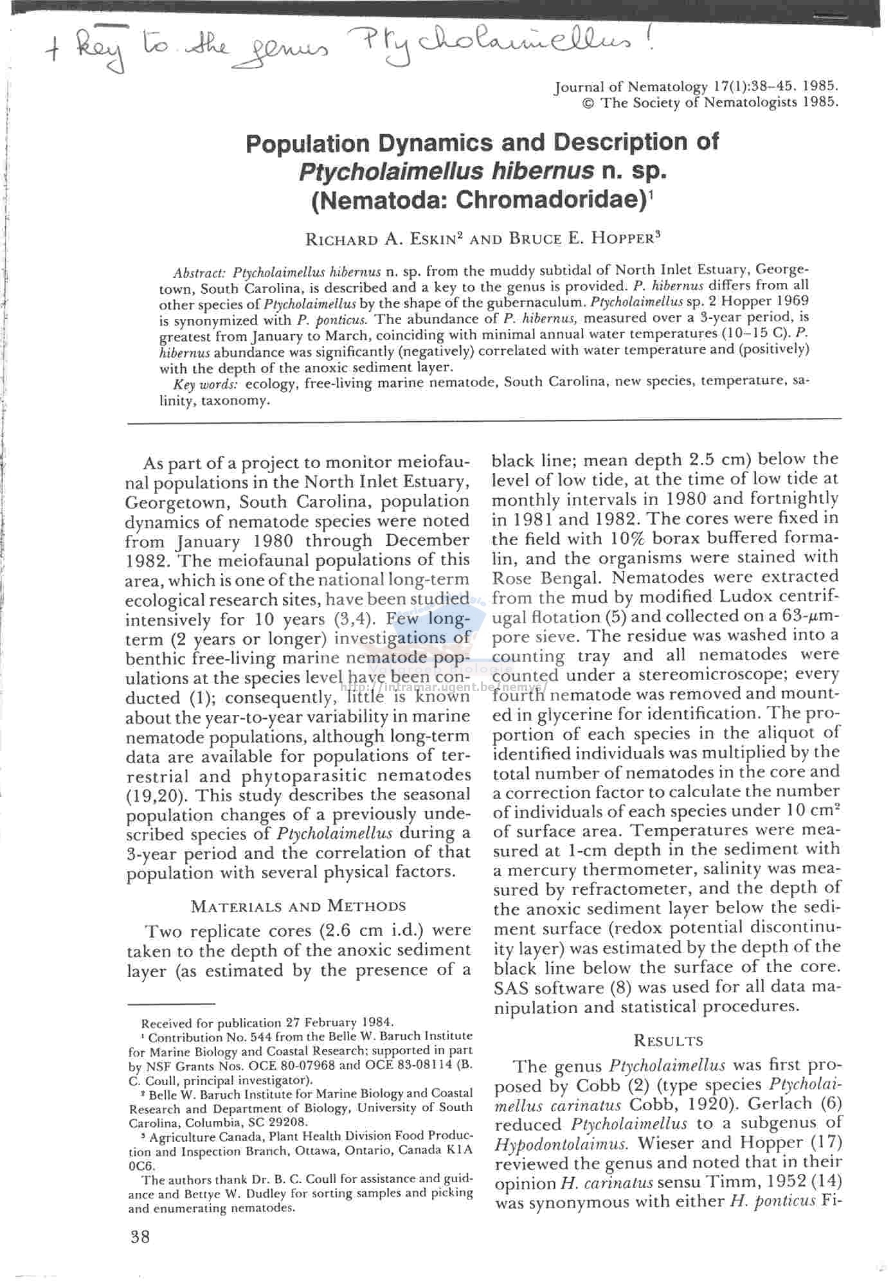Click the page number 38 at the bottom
(x=140, y=1236)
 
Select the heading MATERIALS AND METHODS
(x=298, y=906)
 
